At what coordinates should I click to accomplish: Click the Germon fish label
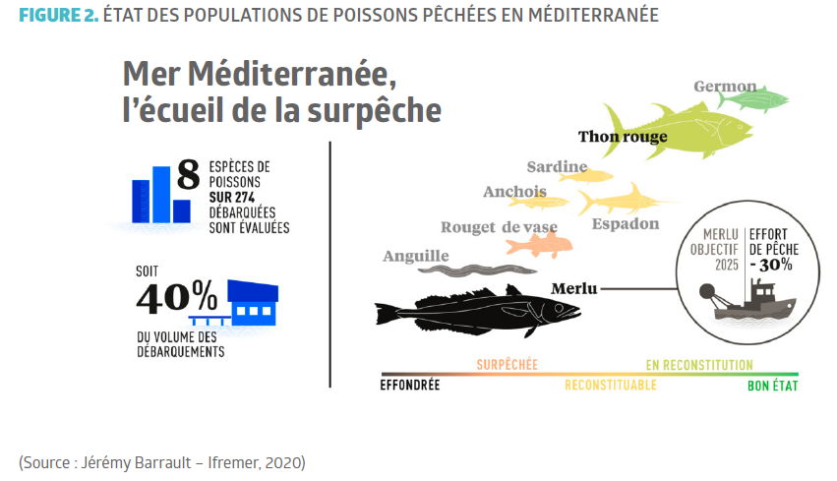(725, 87)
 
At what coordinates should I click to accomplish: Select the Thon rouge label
(623, 137)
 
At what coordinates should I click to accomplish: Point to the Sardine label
(557, 166)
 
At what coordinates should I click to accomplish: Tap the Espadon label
(626, 224)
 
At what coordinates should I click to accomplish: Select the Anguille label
(415, 256)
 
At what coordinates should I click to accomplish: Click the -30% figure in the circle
(773, 265)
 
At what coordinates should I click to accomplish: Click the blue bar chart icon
(160, 194)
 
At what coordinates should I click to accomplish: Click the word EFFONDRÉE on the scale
(409, 386)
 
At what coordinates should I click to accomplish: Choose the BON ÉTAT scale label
(772, 386)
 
